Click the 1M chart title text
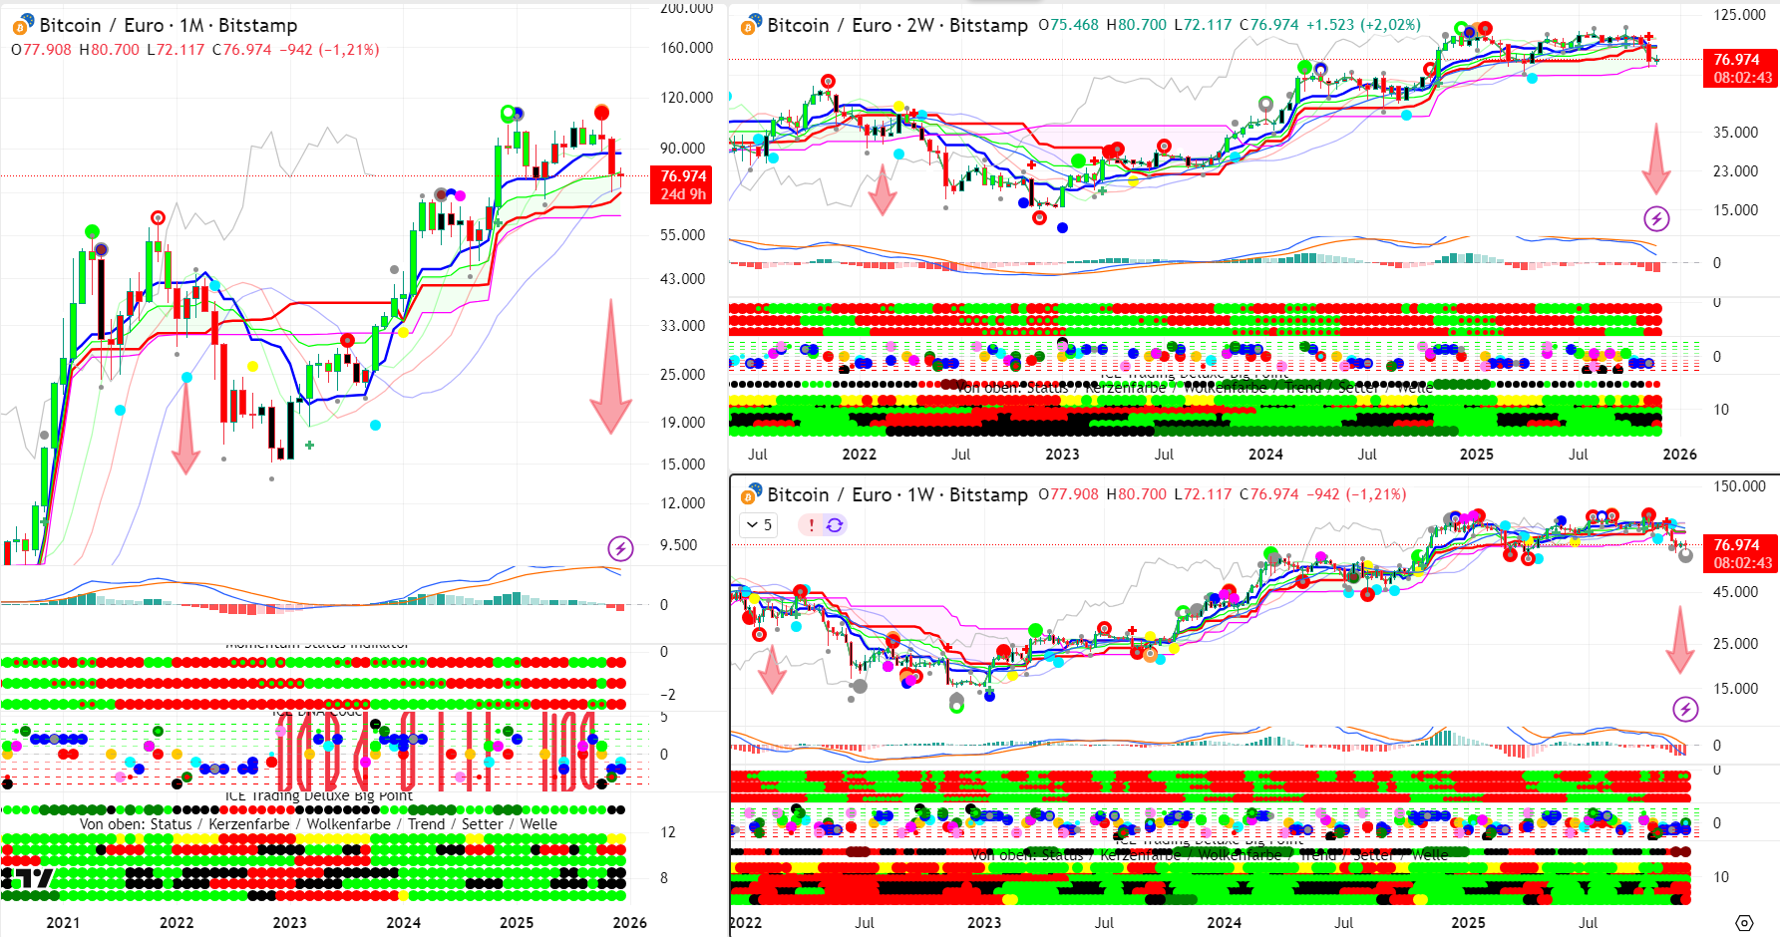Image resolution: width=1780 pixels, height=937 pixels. click(x=168, y=26)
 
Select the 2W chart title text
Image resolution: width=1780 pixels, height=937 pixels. click(x=896, y=25)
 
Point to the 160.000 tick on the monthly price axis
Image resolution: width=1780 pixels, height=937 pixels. click(x=686, y=48)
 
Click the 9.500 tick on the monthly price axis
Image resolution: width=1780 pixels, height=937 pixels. click(x=678, y=545)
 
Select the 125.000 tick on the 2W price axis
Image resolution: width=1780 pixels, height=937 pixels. click(x=1739, y=15)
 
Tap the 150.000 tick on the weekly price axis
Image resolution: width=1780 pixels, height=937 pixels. click(x=1739, y=486)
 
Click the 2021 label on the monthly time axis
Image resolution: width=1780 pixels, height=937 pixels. click(x=63, y=923)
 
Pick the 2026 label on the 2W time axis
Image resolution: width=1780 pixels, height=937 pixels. click(x=1679, y=455)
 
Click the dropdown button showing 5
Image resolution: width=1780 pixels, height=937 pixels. click(x=760, y=524)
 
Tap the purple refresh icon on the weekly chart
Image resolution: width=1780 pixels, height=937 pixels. click(x=835, y=524)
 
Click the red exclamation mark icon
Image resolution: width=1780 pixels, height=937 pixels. click(x=812, y=524)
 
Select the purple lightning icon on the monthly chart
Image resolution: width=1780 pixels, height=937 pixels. click(x=620, y=547)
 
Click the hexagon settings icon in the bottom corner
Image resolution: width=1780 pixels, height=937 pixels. click(x=1744, y=923)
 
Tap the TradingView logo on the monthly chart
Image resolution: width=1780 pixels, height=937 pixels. click(x=27, y=878)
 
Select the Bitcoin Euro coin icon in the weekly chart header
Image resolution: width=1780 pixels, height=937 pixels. click(x=750, y=495)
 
